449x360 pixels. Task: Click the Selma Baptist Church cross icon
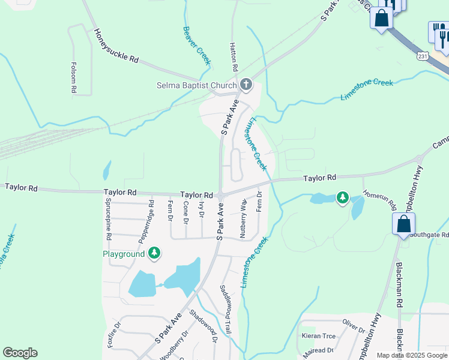(246, 84)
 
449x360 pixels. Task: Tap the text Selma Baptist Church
(197, 85)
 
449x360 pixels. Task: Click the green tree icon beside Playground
(155, 253)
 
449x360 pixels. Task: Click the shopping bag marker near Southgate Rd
(404, 224)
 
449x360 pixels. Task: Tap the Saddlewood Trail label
(227, 309)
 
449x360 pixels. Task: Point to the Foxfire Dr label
(114, 335)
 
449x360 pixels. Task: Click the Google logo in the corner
(20, 353)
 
